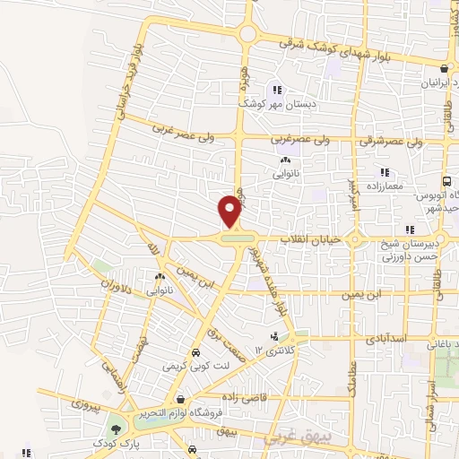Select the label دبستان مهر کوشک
click(276, 103)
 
